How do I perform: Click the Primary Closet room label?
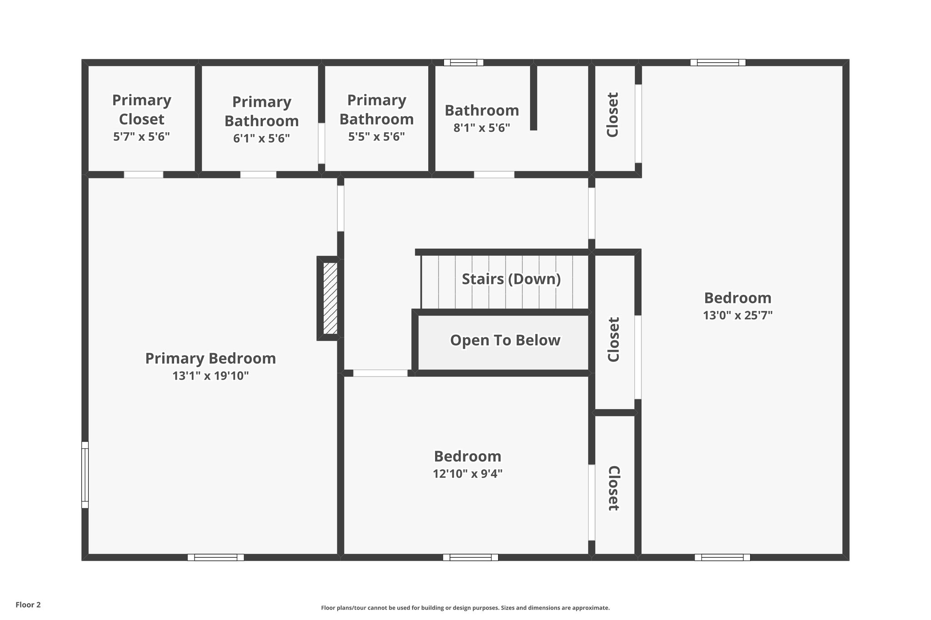(141, 109)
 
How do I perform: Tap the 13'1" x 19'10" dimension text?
(210, 376)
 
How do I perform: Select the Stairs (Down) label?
(511, 279)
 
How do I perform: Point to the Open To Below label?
(505, 340)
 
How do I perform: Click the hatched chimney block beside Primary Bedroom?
(330, 298)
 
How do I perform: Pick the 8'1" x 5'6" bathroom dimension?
(482, 128)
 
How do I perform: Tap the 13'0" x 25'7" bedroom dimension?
(737, 315)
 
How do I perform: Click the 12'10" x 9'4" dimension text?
(467, 474)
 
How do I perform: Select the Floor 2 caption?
(28, 605)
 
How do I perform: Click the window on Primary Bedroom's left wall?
(85, 475)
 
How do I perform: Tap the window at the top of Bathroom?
(463, 63)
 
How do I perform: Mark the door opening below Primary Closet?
(144, 174)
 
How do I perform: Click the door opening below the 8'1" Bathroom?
(494, 174)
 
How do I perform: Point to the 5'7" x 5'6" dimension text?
(141, 137)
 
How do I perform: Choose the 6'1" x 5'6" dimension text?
(261, 139)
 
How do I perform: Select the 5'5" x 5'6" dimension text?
(376, 137)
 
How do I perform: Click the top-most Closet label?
(613, 114)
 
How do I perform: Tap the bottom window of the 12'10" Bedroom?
(471, 557)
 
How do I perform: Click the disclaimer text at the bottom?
(465, 608)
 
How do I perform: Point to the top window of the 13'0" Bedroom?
(718, 63)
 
